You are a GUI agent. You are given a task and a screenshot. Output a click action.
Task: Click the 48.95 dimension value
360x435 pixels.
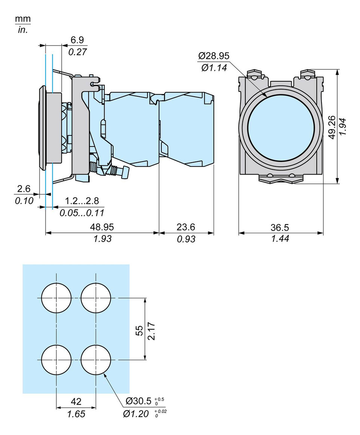(102, 227)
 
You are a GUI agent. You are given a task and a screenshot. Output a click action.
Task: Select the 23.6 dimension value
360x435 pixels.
(186, 227)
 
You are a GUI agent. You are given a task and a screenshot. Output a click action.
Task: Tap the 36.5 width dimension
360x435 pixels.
(280, 227)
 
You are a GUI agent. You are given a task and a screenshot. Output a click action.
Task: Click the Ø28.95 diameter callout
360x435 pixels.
(214, 56)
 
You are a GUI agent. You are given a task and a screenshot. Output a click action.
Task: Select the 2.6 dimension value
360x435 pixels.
(23, 189)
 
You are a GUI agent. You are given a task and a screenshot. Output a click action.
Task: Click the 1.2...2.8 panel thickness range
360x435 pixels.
(82, 201)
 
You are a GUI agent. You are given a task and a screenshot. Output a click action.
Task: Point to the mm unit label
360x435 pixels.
(23, 19)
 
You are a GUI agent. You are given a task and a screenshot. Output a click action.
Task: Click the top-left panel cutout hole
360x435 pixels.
(56, 298)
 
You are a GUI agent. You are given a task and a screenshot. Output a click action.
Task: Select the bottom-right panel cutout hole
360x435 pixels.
(96, 360)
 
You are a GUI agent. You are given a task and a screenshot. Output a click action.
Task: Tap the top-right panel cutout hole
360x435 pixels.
(96, 298)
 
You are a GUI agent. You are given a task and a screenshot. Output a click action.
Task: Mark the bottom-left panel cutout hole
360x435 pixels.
(56, 360)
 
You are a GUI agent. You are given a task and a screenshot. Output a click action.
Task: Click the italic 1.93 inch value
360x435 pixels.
(102, 239)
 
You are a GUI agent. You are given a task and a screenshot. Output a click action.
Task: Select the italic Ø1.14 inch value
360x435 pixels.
(214, 68)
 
